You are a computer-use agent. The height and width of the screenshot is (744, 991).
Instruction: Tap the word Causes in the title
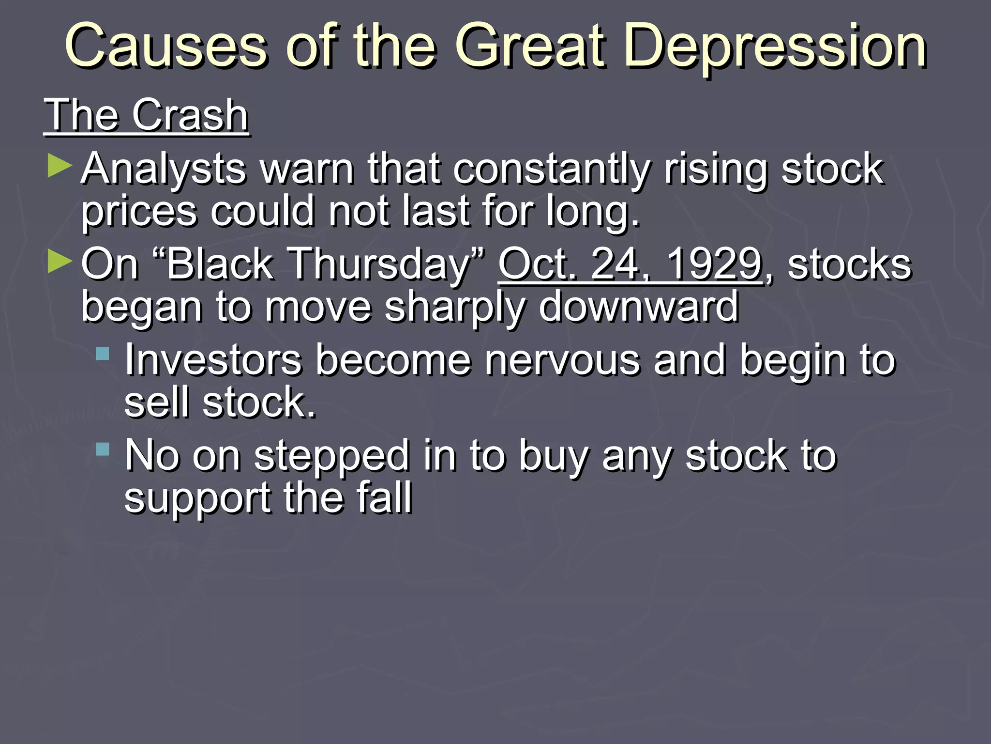tap(165, 46)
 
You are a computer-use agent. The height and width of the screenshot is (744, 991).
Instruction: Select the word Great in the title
tap(530, 46)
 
